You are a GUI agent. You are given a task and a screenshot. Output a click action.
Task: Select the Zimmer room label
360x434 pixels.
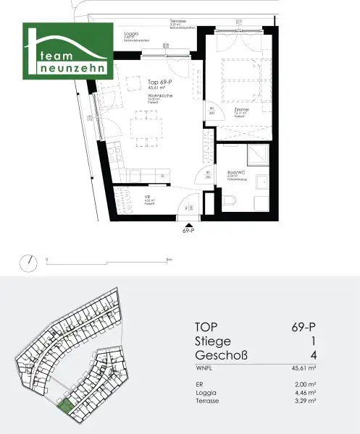pyautogui.click(x=240, y=107)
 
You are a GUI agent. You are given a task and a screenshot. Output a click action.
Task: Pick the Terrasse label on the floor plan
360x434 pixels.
pyautogui.click(x=177, y=22)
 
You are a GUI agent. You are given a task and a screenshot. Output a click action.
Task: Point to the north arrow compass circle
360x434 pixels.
pyautogui.click(x=28, y=260)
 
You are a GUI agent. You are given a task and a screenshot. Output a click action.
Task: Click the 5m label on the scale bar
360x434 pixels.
pyautogui.click(x=168, y=259)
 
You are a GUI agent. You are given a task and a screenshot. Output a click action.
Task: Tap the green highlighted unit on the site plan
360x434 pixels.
pyautogui.click(x=66, y=407)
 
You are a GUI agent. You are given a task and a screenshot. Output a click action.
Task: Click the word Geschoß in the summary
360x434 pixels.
pyautogui.click(x=223, y=355)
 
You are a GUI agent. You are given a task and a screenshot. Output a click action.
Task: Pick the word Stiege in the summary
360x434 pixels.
pyautogui.click(x=213, y=341)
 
